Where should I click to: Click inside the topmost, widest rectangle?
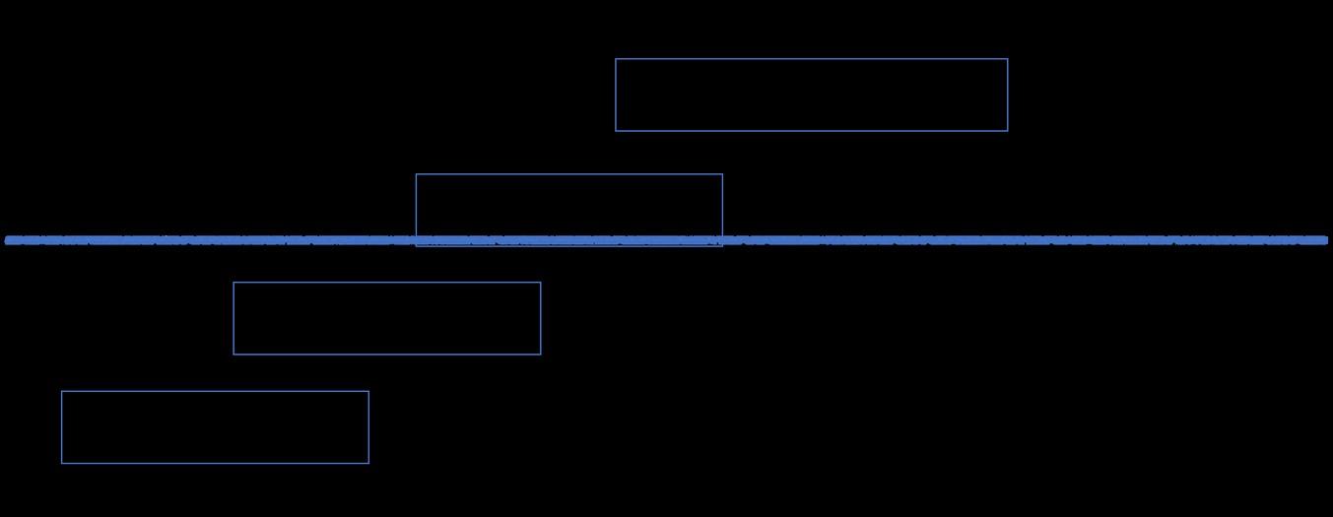click(x=811, y=95)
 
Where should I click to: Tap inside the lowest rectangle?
click(x=215, y=426)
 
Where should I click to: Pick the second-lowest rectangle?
click(x=386, y=318)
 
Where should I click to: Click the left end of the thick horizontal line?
click(x=7, y=240)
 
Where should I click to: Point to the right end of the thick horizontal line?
click(x=1326, y=240)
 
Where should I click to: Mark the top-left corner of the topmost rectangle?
click(x=616, y=59)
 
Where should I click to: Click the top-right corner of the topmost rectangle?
click(x=1007, y=59)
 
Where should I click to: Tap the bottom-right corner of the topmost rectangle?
click(x=1007, y=130)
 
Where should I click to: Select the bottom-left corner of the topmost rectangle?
click(x=616, y=130)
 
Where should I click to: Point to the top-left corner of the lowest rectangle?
click(x=62, y=392)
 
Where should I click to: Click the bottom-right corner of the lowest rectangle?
click(x=368, y=463)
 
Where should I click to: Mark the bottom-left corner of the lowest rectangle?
click(x=62, y=463)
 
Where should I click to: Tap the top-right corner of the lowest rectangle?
click(x=368, y=392)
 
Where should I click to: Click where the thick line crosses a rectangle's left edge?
click(x=417, y=240)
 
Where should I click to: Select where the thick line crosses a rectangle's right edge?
click(x=722, y=240)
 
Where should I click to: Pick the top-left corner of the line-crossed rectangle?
click(x=417, y=174)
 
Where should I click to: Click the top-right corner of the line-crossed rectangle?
click(x=722, y=174)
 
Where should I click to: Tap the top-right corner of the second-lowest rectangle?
click(x=540, y=283)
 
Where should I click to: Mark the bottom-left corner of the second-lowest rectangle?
click(x=233, y=354)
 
